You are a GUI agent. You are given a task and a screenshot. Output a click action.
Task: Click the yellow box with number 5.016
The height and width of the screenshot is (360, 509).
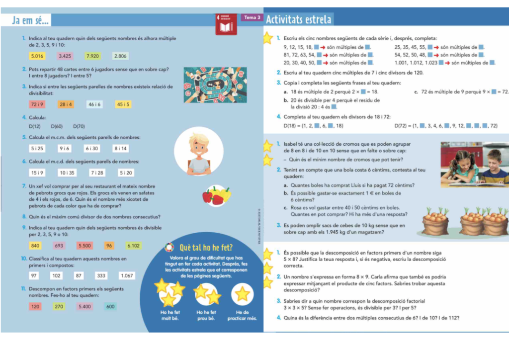[37, 56]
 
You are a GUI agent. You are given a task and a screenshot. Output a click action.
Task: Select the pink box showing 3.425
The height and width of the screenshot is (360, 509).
[65, 56]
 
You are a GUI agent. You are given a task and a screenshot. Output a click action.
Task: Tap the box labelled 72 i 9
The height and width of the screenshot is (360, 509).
[37, 104]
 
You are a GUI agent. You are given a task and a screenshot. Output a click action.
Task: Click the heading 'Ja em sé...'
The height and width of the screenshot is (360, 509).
[30, 20]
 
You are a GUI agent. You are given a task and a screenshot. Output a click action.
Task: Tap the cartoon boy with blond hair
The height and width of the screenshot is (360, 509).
[199, 152]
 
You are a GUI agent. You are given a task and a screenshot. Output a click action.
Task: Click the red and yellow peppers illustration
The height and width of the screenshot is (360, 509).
[215, 195]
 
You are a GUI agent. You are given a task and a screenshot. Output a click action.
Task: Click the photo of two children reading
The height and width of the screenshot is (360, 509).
[474, 163]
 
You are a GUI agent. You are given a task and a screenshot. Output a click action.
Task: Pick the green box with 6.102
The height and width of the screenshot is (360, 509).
[134, 246]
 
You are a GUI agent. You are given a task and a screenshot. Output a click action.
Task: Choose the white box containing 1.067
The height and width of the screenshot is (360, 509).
[126, 275]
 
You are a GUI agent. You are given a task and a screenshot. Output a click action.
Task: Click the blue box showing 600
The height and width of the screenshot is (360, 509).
[110, 306]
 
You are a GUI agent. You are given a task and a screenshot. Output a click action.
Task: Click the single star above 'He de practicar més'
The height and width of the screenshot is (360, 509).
[242, 294]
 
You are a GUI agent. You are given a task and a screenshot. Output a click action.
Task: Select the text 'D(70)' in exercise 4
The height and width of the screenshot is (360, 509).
[79, 126]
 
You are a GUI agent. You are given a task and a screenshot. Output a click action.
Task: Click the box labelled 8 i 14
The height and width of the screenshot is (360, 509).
[121, 148]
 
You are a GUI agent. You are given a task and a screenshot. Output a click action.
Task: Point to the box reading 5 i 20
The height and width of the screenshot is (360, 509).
[126, 173]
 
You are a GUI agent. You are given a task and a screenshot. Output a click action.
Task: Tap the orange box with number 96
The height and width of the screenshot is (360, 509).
[109, 246]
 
